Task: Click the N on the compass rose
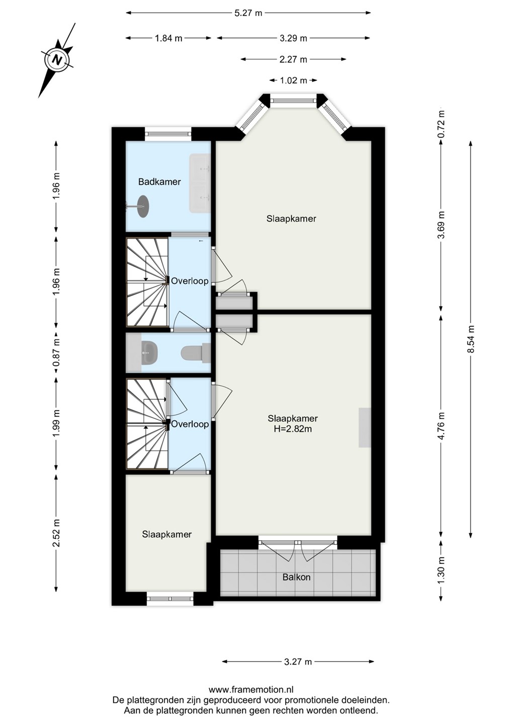coord(57,60)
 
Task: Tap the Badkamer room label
coord(159,182)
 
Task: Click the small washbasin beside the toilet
coord(149,352)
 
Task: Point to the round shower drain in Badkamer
coord(143,206)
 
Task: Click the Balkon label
coord(296,577)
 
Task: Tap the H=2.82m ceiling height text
coord(293,429)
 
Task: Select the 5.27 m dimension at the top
coord(248,13)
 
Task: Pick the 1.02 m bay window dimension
coord(293,81)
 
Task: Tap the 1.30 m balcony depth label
coord(441,568)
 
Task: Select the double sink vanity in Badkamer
coord(200,183)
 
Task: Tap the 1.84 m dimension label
coord(168,38)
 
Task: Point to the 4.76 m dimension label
coord(441,425)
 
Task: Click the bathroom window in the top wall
coord(168,133)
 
